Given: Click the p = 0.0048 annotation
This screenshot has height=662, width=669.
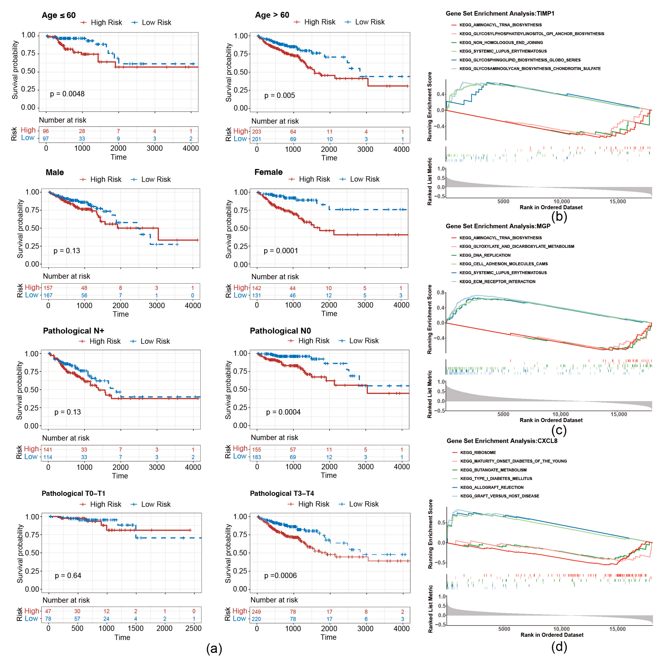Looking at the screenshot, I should [67, 94].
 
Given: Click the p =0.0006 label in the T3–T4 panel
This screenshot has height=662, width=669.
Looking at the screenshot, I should [281, 576].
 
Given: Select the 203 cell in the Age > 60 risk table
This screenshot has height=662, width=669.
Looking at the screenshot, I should [257, 132].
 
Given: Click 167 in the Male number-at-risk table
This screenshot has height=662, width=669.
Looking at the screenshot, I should [48, 295].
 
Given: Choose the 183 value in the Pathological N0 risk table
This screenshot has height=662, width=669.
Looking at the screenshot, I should [257, 457].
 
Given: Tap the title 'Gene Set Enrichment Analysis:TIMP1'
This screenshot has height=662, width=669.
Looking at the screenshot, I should [500, 14].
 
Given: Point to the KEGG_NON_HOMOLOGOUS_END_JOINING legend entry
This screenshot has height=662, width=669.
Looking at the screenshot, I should [501, 43].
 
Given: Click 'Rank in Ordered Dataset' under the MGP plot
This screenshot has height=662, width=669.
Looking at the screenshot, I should [551, 420].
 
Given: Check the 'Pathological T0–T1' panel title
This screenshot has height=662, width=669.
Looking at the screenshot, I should [73, 493].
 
